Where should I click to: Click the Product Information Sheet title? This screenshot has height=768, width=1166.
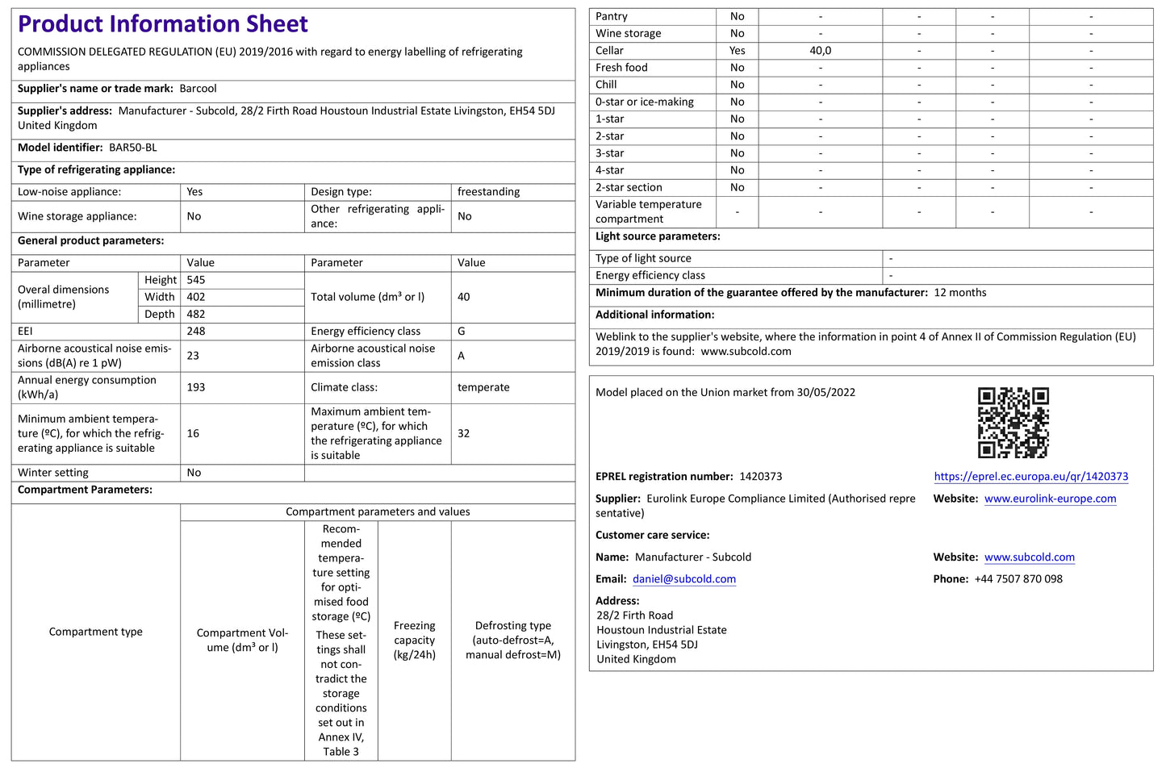(x=163, y=24)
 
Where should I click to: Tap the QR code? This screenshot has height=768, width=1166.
(x=1013, y=422)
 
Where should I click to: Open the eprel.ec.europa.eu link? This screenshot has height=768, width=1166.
(x=1030, y=477)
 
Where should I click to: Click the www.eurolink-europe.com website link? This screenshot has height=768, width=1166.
(x=1050, y=499)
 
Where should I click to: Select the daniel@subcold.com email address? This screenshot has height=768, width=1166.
(x=684, y=579)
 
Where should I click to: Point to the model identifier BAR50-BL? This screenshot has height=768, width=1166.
(x=133, y=148)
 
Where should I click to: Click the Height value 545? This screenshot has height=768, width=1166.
(x=196, y=280)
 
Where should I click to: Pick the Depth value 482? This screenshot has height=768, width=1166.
(x=196, y=314)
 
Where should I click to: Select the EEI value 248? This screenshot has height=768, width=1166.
(x=196, y=331)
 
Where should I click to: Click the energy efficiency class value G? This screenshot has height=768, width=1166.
(x=462, y=331)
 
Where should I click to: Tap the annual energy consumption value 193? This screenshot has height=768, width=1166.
(x=196, y=387)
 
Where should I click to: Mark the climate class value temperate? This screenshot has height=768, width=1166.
(x=483, y=387)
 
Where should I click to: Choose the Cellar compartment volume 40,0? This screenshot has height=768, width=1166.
(x=820, y=50)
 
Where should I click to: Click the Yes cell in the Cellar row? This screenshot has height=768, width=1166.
(x=737, y=50)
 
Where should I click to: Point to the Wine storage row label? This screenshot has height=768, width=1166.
(x=628, y=33)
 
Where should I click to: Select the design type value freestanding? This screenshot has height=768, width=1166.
(x=488, y=192)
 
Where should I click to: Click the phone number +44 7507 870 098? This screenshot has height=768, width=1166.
(x=1018, y=579)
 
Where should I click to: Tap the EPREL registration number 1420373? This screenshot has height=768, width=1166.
(x=760, y=477)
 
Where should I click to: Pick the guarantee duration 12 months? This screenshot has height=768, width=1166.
(x=960, y=293)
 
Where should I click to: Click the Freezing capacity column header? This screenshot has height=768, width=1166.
(x=414, y=640)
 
